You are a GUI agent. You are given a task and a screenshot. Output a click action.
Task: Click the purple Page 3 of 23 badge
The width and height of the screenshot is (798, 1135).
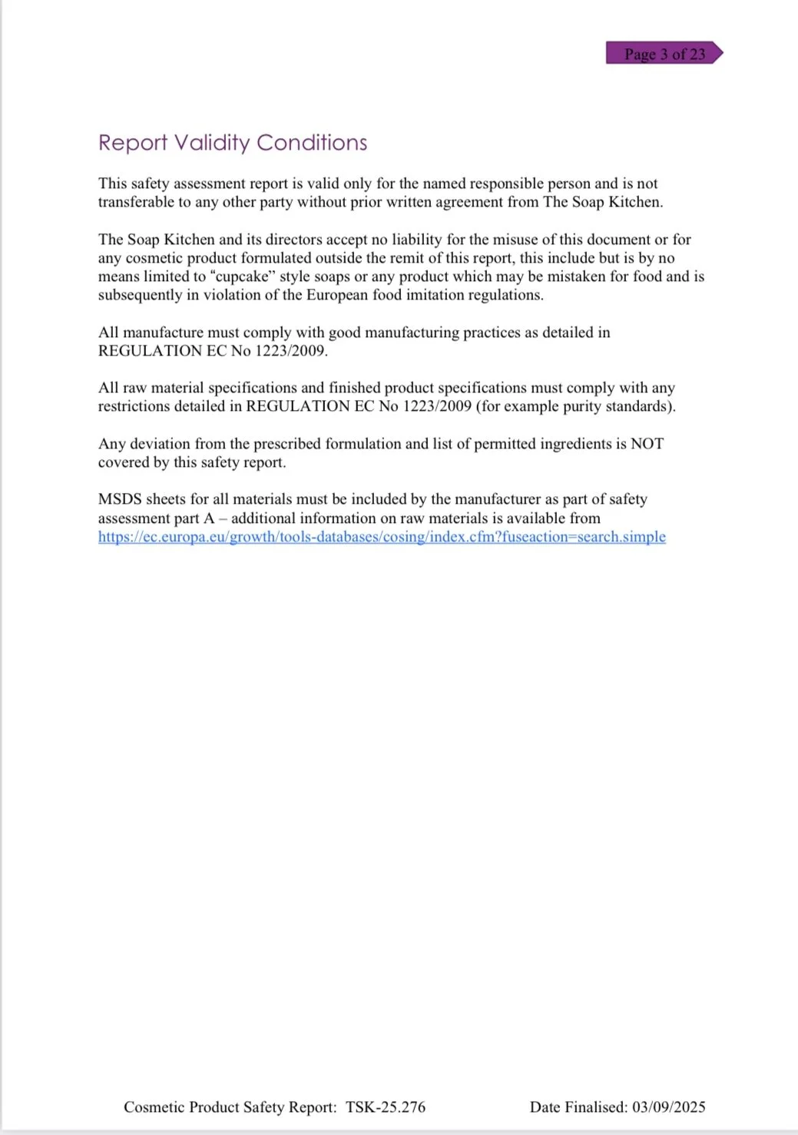[664, 54]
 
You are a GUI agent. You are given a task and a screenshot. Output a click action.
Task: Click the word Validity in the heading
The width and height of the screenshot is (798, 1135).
[212, 143]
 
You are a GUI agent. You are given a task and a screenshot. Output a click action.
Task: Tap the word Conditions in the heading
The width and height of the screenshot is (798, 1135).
[312, 143]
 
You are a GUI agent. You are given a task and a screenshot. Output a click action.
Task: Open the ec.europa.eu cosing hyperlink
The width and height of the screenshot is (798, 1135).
[382, 537]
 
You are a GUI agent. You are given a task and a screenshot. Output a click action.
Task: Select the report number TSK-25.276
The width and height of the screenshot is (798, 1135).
[386, 1107]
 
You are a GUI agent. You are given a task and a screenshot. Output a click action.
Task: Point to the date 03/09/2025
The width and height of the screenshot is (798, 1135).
[669, 1107]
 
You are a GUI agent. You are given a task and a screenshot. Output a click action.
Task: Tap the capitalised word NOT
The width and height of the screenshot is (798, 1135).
[647, 444]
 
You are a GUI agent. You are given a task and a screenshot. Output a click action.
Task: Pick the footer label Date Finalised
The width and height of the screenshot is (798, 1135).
[578, 1107]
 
